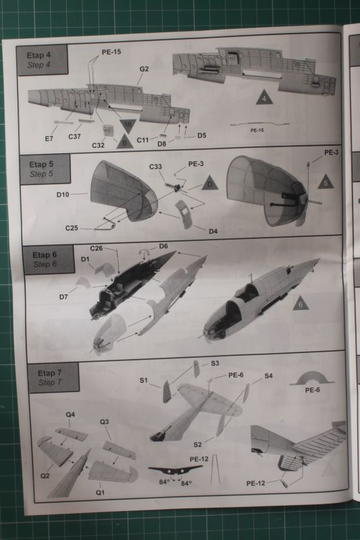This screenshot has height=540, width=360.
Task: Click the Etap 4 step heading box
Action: click(x=42, y=59)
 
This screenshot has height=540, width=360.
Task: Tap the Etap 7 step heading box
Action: click(x=53, y=377)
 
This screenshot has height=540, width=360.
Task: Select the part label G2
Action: click(x=144, y=69)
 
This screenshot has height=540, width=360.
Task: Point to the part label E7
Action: click(x=49, y=138)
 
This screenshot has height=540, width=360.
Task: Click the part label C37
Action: click(x=74, y=136)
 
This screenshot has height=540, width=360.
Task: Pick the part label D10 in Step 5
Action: click(x=63, y=194)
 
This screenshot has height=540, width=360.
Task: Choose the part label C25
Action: click(x=72, y=228)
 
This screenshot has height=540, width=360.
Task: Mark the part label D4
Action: click(x=213, y=231)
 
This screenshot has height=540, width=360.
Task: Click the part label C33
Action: click(x=155, y=167)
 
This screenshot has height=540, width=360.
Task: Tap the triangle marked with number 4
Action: click(x=264, y=98)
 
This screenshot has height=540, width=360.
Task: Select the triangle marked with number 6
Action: click(x=301, y=303)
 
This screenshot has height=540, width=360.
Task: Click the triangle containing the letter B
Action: click(x=125, y=142)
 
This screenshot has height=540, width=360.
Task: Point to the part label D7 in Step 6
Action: click(x=63, y=297)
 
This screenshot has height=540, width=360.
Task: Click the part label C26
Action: click(x=97, y=248)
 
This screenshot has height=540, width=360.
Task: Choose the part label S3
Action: click(x=215, y=363)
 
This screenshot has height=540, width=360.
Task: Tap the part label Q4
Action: click(x=70, y=414)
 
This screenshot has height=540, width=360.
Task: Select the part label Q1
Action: click(x=100, y=493)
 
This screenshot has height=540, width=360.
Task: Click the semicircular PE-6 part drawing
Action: click(x=312, y=378)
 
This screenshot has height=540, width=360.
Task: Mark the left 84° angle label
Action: click(x=164, y=482)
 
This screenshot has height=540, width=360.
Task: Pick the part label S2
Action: click(x=197, y=445)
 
